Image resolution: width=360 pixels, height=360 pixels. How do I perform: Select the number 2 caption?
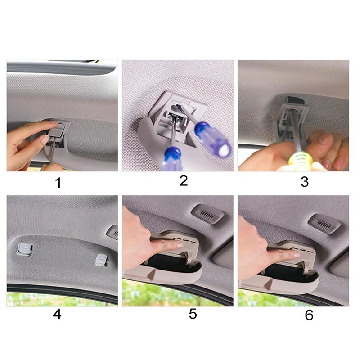[183, 181]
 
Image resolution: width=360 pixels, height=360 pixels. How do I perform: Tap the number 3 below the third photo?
[305, 181]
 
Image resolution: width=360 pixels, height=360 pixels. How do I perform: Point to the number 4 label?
[57, 314]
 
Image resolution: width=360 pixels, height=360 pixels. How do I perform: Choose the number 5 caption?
[193, 314]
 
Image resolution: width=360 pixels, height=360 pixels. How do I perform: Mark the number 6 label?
[309, 315]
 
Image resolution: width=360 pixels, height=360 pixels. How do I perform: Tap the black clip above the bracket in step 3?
[295, 99]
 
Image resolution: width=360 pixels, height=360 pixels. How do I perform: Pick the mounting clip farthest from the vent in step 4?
[23, 247]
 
